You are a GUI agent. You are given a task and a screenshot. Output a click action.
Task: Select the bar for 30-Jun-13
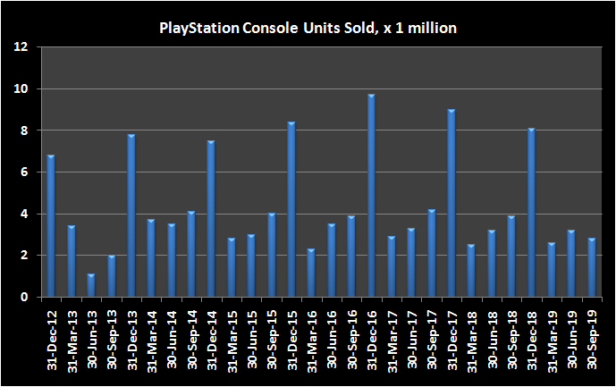tap(91, 285)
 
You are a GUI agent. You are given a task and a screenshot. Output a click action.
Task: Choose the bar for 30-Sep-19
tap(591, 267)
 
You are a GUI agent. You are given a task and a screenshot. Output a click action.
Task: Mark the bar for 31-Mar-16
tap(311, 273)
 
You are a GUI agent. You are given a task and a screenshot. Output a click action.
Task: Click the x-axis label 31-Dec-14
tap(212, 340)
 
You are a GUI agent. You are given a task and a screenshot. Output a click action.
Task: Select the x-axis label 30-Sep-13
tap(112, 340)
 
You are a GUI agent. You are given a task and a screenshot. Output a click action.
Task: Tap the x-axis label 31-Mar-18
tap(472, 340)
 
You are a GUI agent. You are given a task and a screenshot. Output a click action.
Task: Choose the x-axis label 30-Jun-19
tap(572, 340)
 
